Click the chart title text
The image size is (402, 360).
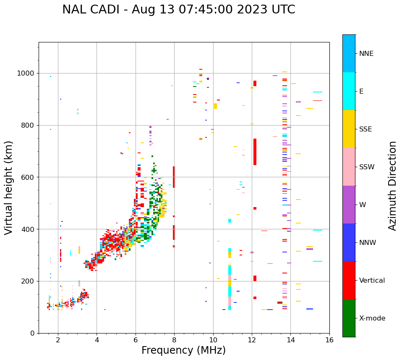(179, 10)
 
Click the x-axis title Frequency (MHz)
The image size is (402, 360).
(183, 350)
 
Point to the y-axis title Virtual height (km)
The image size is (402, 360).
(9, 187)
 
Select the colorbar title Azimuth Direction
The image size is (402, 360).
(392, 186)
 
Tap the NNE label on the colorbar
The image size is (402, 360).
(366, 54)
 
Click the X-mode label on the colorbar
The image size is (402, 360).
(372, 318)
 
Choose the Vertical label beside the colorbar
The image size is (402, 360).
(372, 281)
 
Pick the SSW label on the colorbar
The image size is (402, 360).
(367, 167)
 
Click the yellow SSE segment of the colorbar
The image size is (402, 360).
(349, 129)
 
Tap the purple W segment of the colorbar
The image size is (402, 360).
(349, 205)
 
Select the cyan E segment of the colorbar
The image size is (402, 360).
(349, 91)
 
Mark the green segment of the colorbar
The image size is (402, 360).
(349, 318)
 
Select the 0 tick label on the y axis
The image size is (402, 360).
(33, 333)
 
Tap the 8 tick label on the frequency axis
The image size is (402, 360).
(174, 340)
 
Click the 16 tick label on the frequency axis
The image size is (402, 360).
(329, 340)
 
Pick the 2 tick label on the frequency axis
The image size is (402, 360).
(58, 340)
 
